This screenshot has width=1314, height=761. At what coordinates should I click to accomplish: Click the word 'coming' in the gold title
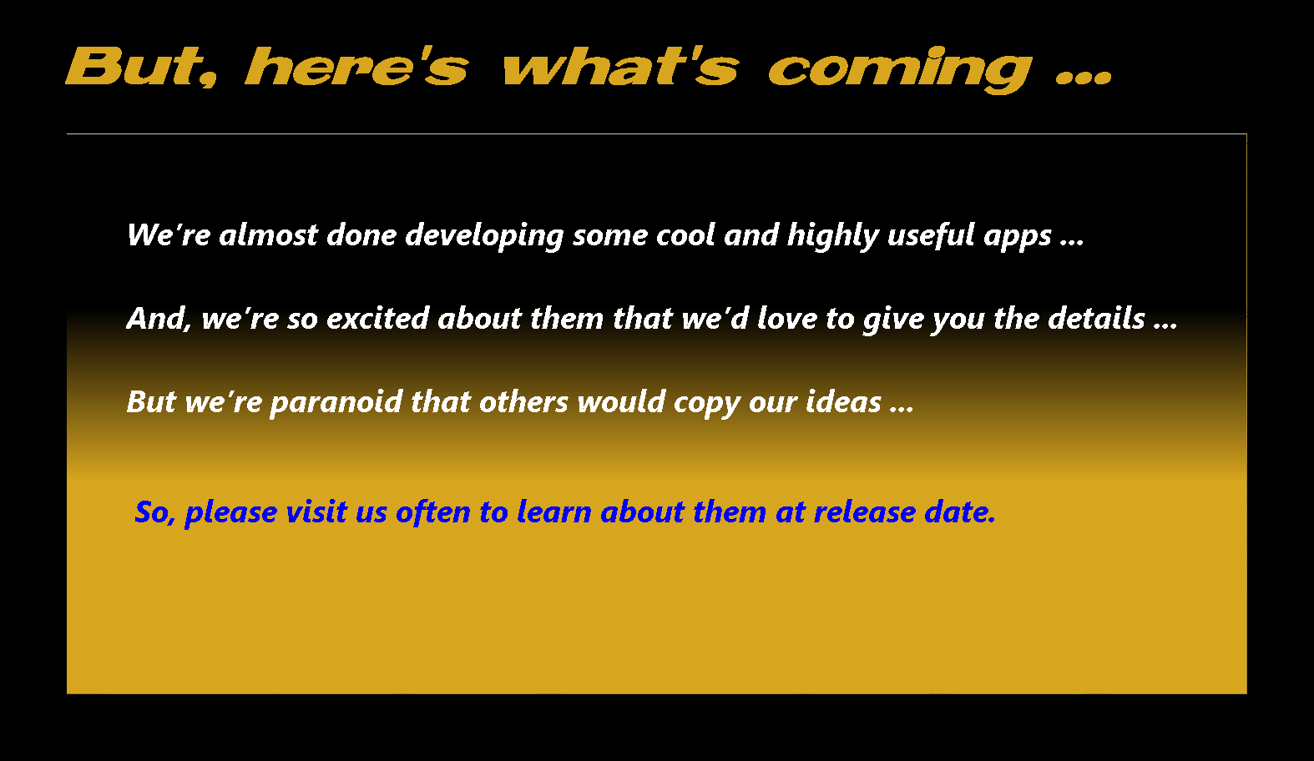click(900, 70)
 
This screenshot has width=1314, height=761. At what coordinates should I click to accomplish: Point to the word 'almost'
click(268, 235)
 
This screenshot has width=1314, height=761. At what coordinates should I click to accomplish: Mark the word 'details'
click(1096, 319)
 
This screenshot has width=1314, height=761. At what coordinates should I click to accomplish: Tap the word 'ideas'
click(843, 402)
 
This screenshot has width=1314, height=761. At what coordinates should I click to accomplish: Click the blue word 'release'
click(865, 512)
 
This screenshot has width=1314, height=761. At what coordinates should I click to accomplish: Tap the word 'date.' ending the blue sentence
click(960, 512)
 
